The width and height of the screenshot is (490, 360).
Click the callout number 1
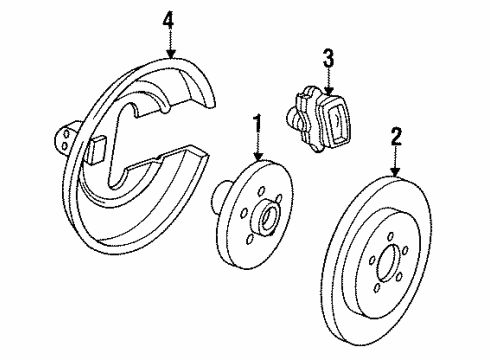[258, 125]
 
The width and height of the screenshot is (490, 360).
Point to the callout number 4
[170, 19]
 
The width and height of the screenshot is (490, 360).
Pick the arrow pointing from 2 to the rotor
[397, 159]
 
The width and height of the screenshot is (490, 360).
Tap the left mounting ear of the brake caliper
[297, 104]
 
